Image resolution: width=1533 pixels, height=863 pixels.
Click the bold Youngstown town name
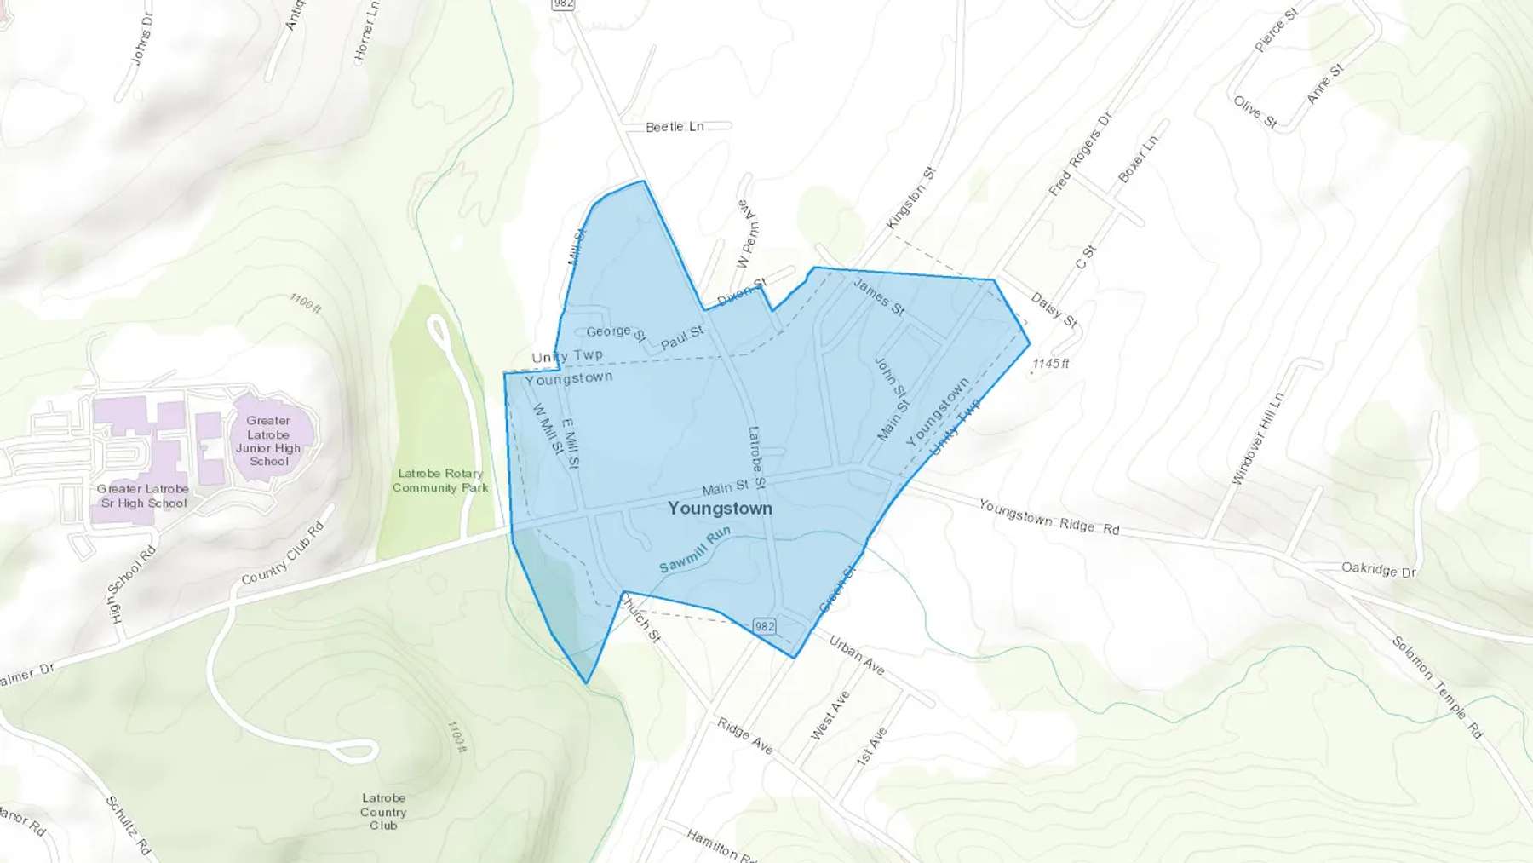coord(720,509)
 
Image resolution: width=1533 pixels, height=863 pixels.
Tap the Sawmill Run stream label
coord(695,550)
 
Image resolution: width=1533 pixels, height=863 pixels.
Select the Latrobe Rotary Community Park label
coord(440,480)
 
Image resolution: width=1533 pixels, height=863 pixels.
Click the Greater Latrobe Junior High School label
coord(268,440)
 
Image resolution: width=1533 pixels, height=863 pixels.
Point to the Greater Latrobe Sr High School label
coord(143,496)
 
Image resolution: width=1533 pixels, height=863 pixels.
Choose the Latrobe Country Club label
coord(383,811)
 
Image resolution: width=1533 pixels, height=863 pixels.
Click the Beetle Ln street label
coord(675,127)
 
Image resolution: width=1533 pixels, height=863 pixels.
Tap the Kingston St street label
coord(910,198)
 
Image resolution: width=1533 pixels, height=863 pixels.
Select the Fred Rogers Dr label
coord(1080,154)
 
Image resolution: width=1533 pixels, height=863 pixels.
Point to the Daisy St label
coord(1054,310)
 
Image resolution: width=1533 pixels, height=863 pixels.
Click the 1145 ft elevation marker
coord(1050,364)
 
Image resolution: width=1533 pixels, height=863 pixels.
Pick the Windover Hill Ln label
coord(1257,439)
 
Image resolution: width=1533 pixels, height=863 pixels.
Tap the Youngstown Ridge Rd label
coord(1048,517)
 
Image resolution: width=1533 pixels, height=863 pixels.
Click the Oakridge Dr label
coord(1378,569)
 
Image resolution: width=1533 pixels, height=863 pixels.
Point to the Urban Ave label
coord(856,655)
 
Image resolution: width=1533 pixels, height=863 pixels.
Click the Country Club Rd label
coord(283,554)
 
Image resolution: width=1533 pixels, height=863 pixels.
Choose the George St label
coord(616,331)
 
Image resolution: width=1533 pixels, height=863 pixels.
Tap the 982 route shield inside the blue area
coord(765,626)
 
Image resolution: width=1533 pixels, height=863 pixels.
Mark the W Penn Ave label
coord(749,234)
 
